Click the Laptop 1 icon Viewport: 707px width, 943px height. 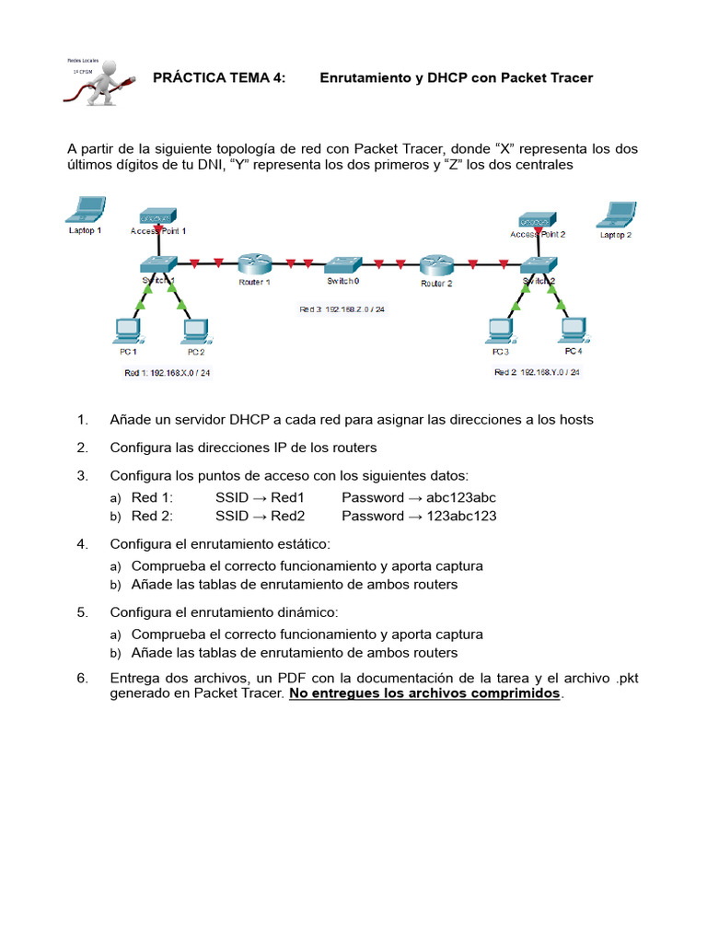coord(85,210)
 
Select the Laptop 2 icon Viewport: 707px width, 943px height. coord(614,214)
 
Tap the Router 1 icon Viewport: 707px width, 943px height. coord(254,263)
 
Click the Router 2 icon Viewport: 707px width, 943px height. coord(436,265)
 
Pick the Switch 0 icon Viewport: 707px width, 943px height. coord(343,263)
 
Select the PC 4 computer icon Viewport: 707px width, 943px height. coord(573,329)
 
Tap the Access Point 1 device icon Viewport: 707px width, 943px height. coord(158,215)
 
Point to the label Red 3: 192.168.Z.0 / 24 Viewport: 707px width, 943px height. coord(342,310)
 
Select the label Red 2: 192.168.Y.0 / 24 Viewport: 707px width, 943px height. coord(537,372)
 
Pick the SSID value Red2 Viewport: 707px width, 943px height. coord(286,516)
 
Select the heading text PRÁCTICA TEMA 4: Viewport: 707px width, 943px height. coord(219,78)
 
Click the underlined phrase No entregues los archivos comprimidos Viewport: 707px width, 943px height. coord(424,693)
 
